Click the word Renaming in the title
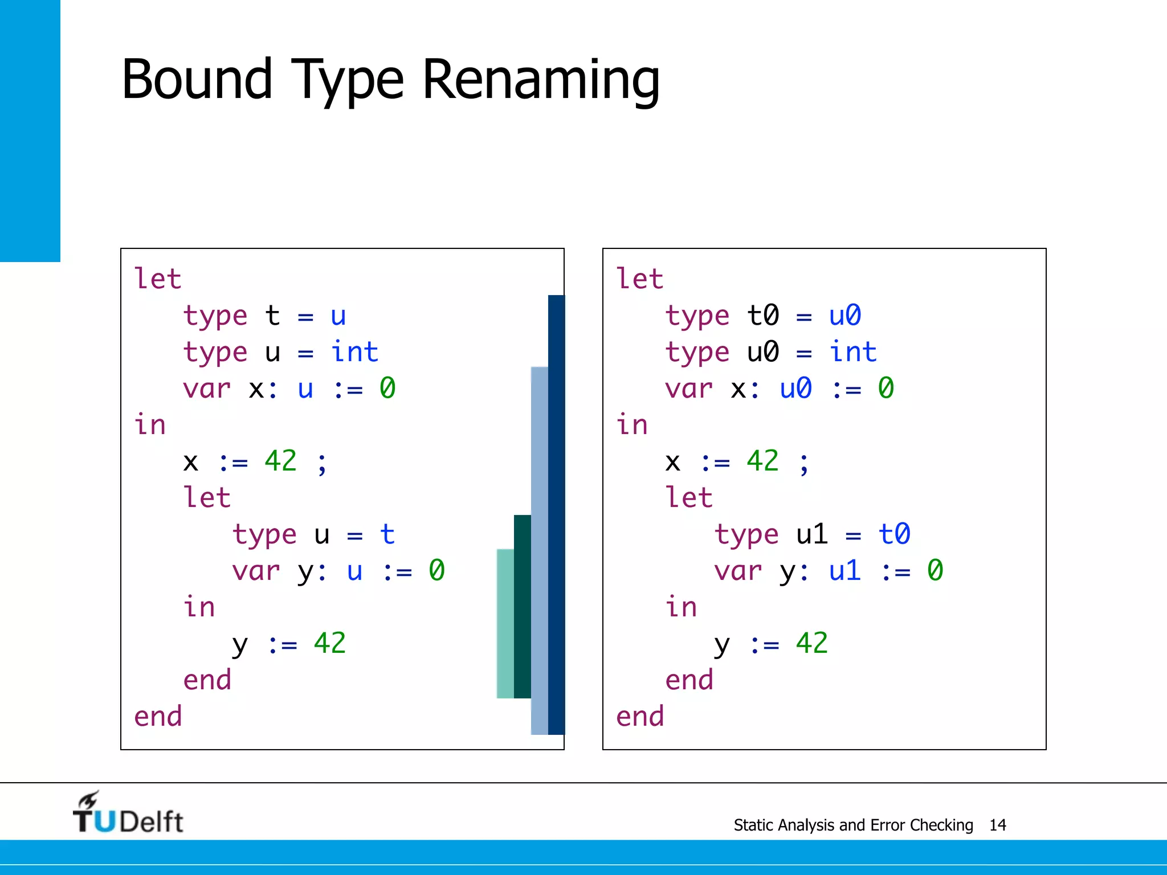point(541,80)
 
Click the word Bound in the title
point(197,80)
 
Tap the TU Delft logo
point(128,813)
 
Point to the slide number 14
point(997,825)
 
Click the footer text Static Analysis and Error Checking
point(853,825)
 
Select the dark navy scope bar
point(556,513)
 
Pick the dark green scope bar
point(522,606)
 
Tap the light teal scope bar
point(505,623)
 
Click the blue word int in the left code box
point(354,352)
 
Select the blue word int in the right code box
point(852,352)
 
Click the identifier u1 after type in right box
point(811,534)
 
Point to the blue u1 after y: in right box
point(844,571)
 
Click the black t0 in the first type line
point(762,316)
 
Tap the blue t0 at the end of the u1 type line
point(894,534)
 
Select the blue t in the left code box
point(387,534)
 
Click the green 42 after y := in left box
point(329,644)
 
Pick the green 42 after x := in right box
point(762,461)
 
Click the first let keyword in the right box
point(639,279)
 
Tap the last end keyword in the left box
point(158,717)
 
